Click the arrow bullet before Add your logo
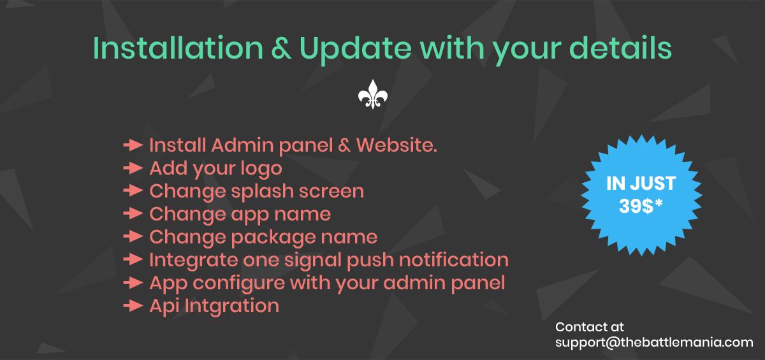coord(133,168)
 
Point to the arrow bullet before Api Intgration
coord(133,306)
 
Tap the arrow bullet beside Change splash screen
coord(133,191)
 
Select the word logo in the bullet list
coord(259,169)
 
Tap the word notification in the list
coord(455,260)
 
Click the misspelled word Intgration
coord(231,306)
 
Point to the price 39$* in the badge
coord(641,206)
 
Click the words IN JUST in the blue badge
coord(641,184)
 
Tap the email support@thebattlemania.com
coord(654,342)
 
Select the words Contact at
coord(590,327)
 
